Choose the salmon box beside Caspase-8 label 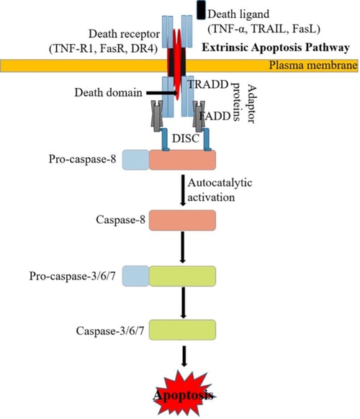[x=181, y=220]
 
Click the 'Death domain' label [x=103, y=93]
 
